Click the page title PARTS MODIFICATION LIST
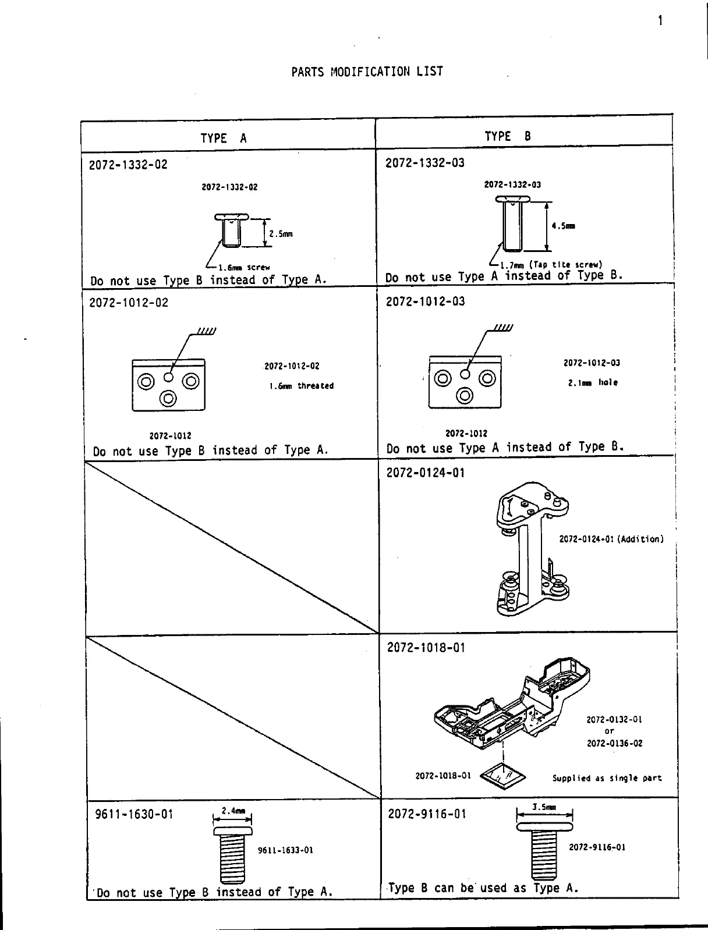367,72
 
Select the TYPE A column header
223,138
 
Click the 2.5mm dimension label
281,234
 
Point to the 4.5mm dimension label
564,226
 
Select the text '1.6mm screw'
244,268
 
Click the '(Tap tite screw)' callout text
565,264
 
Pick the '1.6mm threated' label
301,386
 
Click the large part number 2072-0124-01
426,473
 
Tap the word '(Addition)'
640,539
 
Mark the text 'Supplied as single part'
607,778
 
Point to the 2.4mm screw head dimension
233,811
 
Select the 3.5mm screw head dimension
544,807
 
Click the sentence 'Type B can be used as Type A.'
483,888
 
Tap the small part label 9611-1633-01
285,850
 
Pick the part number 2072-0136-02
614,743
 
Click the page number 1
660,21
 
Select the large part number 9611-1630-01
134,814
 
